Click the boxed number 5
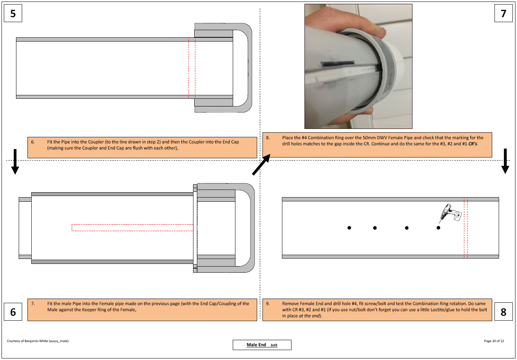point(13,13)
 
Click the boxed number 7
point(503,13)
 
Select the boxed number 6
point(13,312)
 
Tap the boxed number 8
point(503,312)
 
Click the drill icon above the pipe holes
point(450,213)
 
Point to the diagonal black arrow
point(261,165)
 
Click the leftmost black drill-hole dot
point(349,228)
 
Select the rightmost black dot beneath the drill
point(438,228)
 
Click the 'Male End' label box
point(262,345)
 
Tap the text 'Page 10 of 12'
point(494,341)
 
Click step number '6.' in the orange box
point(33,142)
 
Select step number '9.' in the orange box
point(268,304)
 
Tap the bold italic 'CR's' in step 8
point(473,144)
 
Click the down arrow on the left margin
point(15,162)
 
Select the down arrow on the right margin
point(505,161)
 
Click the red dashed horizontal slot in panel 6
point(132,228)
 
